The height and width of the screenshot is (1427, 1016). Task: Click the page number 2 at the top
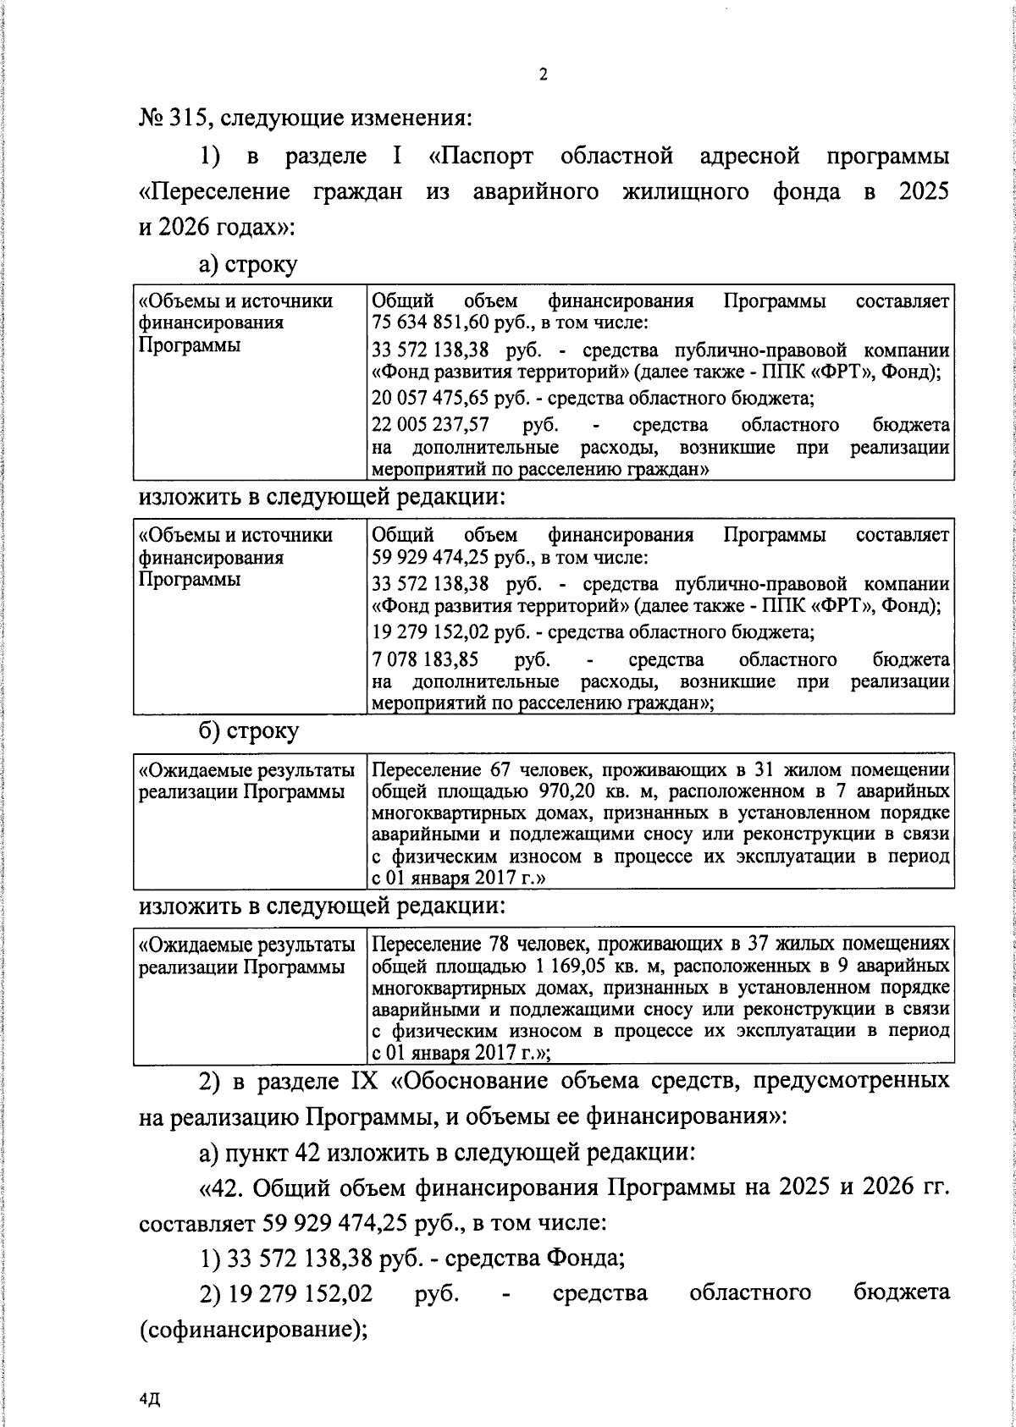pos(543,75)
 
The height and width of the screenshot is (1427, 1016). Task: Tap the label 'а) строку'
pos(248,265)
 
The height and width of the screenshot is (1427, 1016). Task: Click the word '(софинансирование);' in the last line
pos(252,1328)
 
